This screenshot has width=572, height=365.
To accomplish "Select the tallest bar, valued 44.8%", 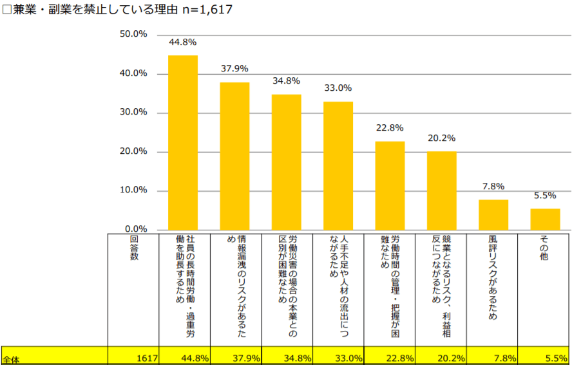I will point(183,142).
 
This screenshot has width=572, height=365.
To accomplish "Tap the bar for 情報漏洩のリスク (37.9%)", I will point(234,156).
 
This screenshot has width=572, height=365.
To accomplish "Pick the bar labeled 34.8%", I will point(287,162).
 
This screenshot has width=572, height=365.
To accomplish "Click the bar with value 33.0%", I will point(338,165).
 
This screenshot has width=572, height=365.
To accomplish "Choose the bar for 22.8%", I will point(390,185).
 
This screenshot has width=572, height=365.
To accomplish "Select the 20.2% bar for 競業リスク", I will point(441,191).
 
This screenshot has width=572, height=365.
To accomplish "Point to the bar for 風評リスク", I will point(493,214).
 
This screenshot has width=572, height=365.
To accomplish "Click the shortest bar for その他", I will point(545,219).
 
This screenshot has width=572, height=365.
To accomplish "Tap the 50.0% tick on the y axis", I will point(134,34).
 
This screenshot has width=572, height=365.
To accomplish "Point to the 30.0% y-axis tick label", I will point(134,112).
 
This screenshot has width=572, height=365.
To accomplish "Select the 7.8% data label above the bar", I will point(493,187).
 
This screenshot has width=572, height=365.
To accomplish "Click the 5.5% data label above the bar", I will point(545,196).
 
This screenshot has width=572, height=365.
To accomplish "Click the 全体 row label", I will point(11,359).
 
